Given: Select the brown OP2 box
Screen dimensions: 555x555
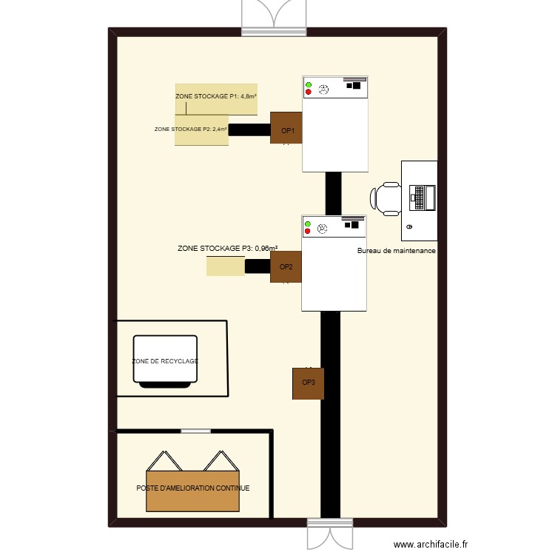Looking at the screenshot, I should [x=286, y=266].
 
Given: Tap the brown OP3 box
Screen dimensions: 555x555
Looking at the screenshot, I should [x=308, y=383].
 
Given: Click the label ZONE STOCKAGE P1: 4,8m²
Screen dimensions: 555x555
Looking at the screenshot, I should [x=216, y=96].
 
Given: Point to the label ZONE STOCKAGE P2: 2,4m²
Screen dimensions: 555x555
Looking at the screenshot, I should [x=190, y=129].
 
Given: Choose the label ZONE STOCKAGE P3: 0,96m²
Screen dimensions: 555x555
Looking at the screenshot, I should [x=228, y=249].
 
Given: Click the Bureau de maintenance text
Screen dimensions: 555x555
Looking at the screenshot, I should [x=396, y=252].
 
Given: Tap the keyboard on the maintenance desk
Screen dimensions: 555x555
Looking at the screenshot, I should [x=419, y=198].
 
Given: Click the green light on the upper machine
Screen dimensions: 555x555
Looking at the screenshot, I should [x=308, y=85].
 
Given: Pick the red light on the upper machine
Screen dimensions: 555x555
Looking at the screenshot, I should [x=308, y=92].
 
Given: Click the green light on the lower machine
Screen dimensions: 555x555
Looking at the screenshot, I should [x=308, y=225].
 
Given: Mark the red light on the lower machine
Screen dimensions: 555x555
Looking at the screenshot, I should [x=308, y=232].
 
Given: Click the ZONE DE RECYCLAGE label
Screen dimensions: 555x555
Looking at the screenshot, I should [x=165, y=361].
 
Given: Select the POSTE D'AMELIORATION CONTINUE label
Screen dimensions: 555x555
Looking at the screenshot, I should [x=193, y=488].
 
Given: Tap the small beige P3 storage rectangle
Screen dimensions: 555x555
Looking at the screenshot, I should [x=226, y=266].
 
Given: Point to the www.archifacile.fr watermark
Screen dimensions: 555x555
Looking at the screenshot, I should [x=431, y=545].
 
